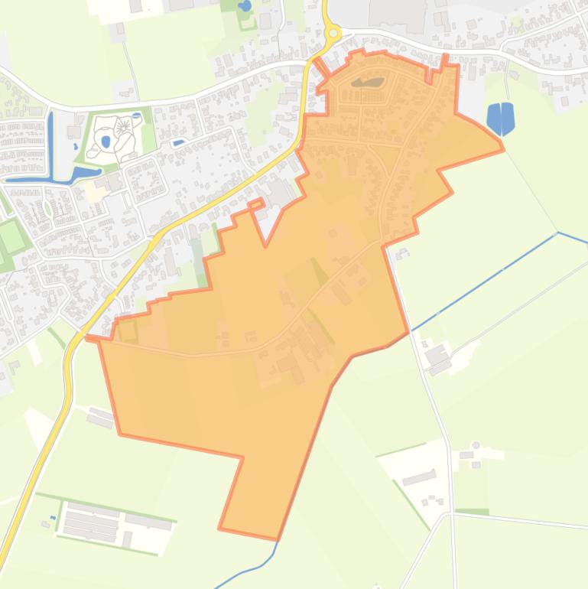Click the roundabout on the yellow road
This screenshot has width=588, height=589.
coord(333,33)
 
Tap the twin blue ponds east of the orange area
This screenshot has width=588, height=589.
coord(501,117)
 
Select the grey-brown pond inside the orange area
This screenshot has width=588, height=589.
coord(368,81)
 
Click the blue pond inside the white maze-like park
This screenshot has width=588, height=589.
coord(106,142)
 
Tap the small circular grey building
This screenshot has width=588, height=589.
coord(476,445)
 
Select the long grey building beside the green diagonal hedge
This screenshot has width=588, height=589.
coord(418,478)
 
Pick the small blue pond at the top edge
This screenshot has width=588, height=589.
coord(245,5)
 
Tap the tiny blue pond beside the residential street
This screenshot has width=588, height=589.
coord(178,142)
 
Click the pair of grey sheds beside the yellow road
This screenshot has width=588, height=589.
coord(100,417)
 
